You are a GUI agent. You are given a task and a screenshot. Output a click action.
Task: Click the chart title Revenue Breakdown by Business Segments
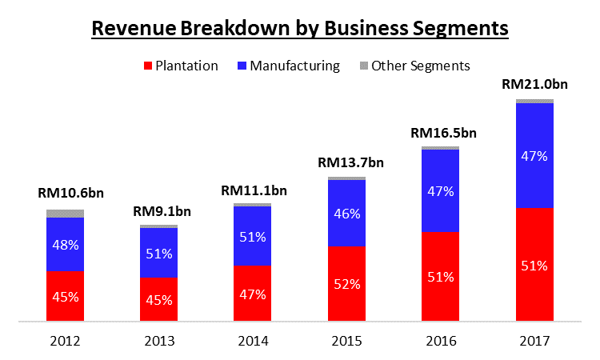click(300, 28)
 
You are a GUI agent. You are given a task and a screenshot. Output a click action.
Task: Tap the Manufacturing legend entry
click(289, 66)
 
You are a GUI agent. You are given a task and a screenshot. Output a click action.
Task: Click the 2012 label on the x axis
click(65, 341)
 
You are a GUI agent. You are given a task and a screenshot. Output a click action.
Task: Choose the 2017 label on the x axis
click(534, 341)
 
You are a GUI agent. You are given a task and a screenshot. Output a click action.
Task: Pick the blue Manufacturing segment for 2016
click(440, 190)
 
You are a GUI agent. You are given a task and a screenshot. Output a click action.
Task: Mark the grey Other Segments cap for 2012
click(66, 214)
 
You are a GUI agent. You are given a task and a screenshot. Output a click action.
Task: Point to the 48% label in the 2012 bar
click(66, 244)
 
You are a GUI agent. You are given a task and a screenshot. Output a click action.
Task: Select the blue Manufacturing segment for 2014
click(253, 236)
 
